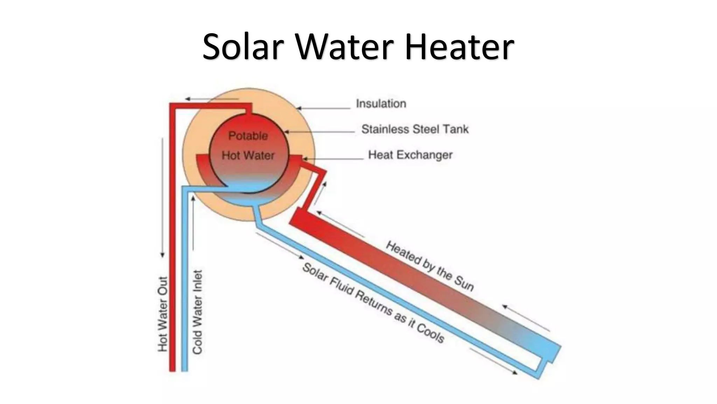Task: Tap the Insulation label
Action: click(x=381, y=104)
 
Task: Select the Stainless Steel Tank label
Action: click(x=415, y=129)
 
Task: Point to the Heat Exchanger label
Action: click(x=410, y=155)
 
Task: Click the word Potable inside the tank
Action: click(x=248, y=136)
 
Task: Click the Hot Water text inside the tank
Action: click(x=248, y=155)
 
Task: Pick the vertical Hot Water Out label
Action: click(x=163, y=314)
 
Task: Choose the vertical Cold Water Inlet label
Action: click(x=198, y=312)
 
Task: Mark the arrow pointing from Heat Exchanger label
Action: click(x=333, y=159)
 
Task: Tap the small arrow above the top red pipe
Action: click(x=212, y=99)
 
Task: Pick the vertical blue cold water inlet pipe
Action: click(x=185, y=281)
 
